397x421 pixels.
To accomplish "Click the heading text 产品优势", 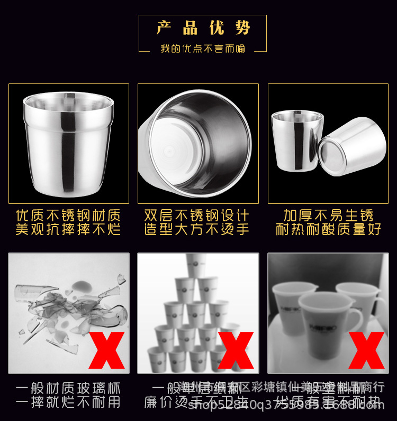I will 203,28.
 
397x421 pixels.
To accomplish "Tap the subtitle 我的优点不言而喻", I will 203,49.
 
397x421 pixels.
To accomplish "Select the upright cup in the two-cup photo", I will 296,141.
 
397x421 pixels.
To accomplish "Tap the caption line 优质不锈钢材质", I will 68,216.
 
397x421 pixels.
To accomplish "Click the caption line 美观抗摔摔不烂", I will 68,230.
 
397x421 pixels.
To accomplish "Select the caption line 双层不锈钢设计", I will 197,216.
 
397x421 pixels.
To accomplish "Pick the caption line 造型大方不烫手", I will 197,230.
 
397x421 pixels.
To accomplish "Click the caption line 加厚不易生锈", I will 328,216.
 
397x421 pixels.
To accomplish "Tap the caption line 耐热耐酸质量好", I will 328,230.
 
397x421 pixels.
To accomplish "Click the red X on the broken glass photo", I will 106,350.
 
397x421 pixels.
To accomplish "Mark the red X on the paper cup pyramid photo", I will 236,350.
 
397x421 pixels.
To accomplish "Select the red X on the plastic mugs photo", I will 366,350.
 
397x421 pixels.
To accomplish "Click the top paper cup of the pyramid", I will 196,264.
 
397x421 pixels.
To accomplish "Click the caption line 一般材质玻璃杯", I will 68,389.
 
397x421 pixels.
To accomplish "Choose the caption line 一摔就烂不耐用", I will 68,403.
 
